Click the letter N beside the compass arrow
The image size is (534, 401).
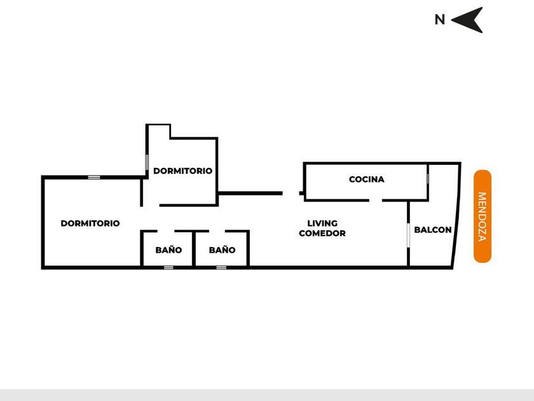point(439,20)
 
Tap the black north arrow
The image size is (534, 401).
point(469,20)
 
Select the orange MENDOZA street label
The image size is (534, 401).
point(483,216)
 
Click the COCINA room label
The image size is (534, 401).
point(367,179)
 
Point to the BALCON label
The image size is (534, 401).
point(433,230)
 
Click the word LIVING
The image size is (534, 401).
point(322,223)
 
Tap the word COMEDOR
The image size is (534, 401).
point(322,234)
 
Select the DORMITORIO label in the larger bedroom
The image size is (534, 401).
point(90,223)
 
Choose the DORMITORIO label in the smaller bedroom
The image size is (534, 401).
point(182,171)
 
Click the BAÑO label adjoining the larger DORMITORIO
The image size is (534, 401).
point(168,250)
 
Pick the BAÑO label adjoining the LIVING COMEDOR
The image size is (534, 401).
point(222,250)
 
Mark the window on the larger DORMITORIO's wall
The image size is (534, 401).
point(94,177)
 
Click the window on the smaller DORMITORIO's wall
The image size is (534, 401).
point(147,162)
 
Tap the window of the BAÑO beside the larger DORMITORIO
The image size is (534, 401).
point(168,267)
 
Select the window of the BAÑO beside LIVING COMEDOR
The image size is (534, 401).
point(221,267)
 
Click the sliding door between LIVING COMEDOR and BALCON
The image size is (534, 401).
point(407,234)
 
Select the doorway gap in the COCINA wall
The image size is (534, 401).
point(376,200)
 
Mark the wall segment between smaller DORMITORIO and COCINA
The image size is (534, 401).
point(250,193)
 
